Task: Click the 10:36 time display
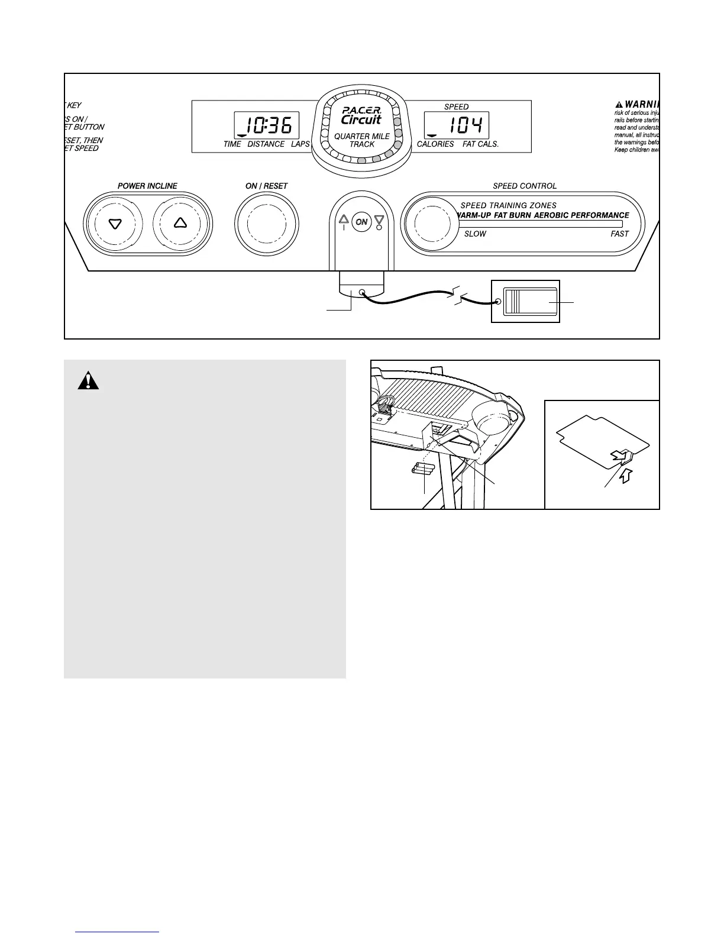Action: click(x=266, y=125)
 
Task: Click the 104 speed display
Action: click(x=456, y=125)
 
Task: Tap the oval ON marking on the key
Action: click(x=361, y=222)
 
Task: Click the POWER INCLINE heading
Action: click(x=147, y=186)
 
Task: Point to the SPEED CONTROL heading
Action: click(x=525, y=186)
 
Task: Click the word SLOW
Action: click(x=475, y=234)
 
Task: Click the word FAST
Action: click(x=619, y=234)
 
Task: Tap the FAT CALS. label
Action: click(x=480, y=144)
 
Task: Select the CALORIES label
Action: click(x=435, y=144)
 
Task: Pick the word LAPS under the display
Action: click(x=300, y=144)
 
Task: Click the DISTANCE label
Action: click(x=266, y=144)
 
